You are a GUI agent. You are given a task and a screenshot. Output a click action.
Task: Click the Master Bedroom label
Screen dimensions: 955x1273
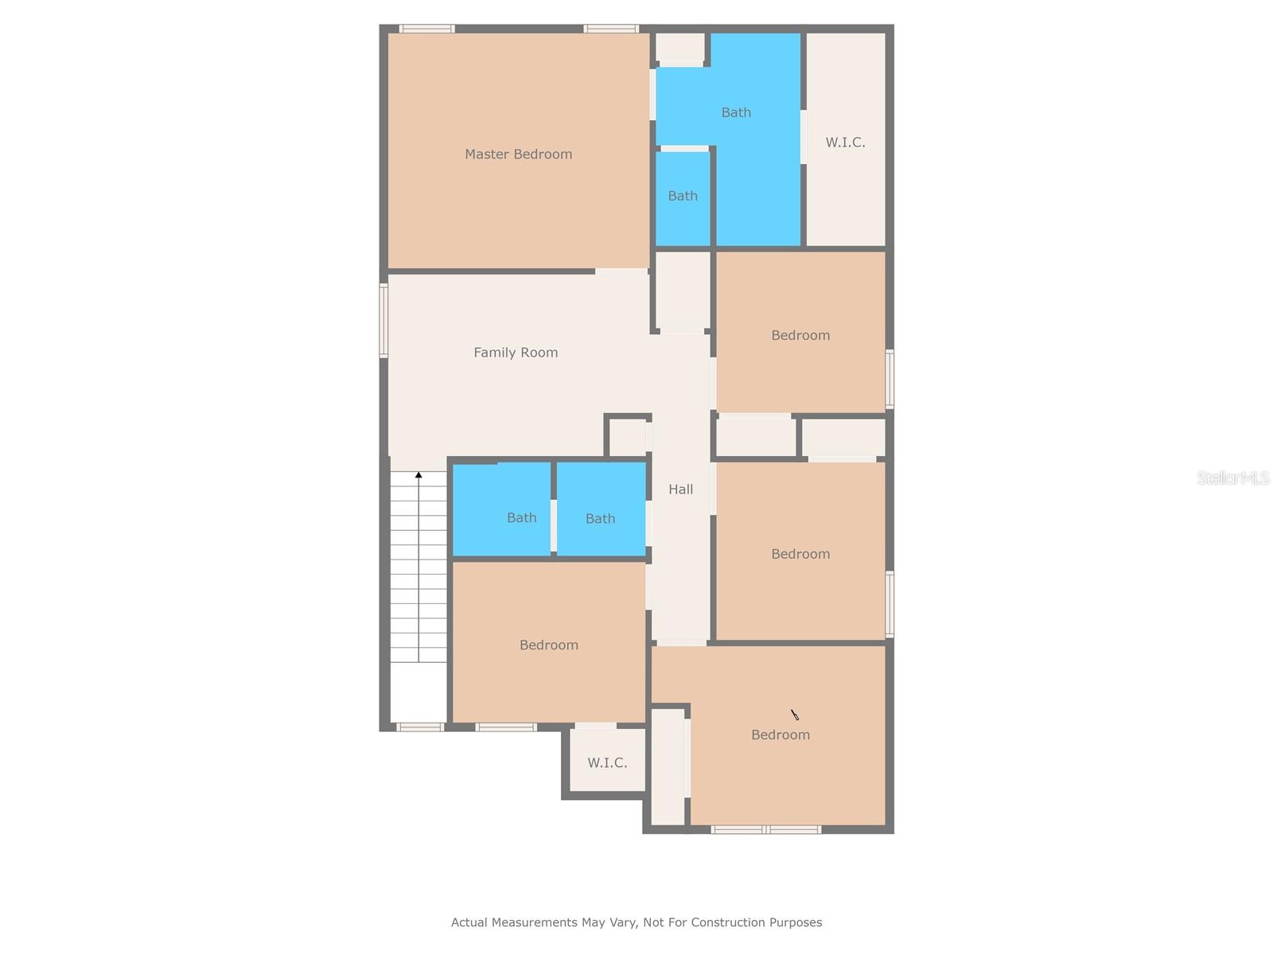(518, 154)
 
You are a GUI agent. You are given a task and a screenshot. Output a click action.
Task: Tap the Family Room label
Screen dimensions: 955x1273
(516, 353)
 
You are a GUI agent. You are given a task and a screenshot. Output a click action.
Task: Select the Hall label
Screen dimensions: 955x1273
(680, 489)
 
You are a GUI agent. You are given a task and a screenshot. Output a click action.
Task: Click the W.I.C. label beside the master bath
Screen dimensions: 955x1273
(845, 142)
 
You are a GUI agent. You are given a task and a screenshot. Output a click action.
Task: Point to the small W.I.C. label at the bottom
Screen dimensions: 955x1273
(607, 762)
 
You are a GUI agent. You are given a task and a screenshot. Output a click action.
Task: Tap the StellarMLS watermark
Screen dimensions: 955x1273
(1233, 477)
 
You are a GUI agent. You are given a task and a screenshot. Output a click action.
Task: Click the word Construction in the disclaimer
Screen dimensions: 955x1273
(727, 922)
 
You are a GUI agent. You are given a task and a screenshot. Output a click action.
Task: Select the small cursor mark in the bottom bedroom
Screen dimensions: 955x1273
(794, 715)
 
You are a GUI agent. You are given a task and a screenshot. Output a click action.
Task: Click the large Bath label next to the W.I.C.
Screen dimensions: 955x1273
(736, 113)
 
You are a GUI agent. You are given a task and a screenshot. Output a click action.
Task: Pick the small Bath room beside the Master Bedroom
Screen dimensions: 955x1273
(683, 196)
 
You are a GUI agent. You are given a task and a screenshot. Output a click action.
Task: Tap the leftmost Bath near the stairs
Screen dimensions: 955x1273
(521, 518)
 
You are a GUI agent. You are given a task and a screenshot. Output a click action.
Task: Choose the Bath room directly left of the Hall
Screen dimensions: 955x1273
(600, 519)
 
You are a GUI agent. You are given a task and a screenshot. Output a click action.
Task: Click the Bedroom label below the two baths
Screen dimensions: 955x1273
(549, 645)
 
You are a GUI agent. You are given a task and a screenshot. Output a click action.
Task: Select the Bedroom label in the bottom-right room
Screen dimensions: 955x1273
(781, 735)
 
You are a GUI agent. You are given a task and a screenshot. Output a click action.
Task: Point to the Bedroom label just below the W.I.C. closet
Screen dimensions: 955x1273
(800, 336)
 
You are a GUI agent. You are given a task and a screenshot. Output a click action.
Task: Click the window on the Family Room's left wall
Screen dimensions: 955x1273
(383, 321)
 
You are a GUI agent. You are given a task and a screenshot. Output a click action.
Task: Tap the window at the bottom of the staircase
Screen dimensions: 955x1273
(419, 727)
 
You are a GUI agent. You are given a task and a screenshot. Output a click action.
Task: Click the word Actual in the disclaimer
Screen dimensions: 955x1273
(469, 922)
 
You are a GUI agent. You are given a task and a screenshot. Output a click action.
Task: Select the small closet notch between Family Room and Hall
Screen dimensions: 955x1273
(628, 437)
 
